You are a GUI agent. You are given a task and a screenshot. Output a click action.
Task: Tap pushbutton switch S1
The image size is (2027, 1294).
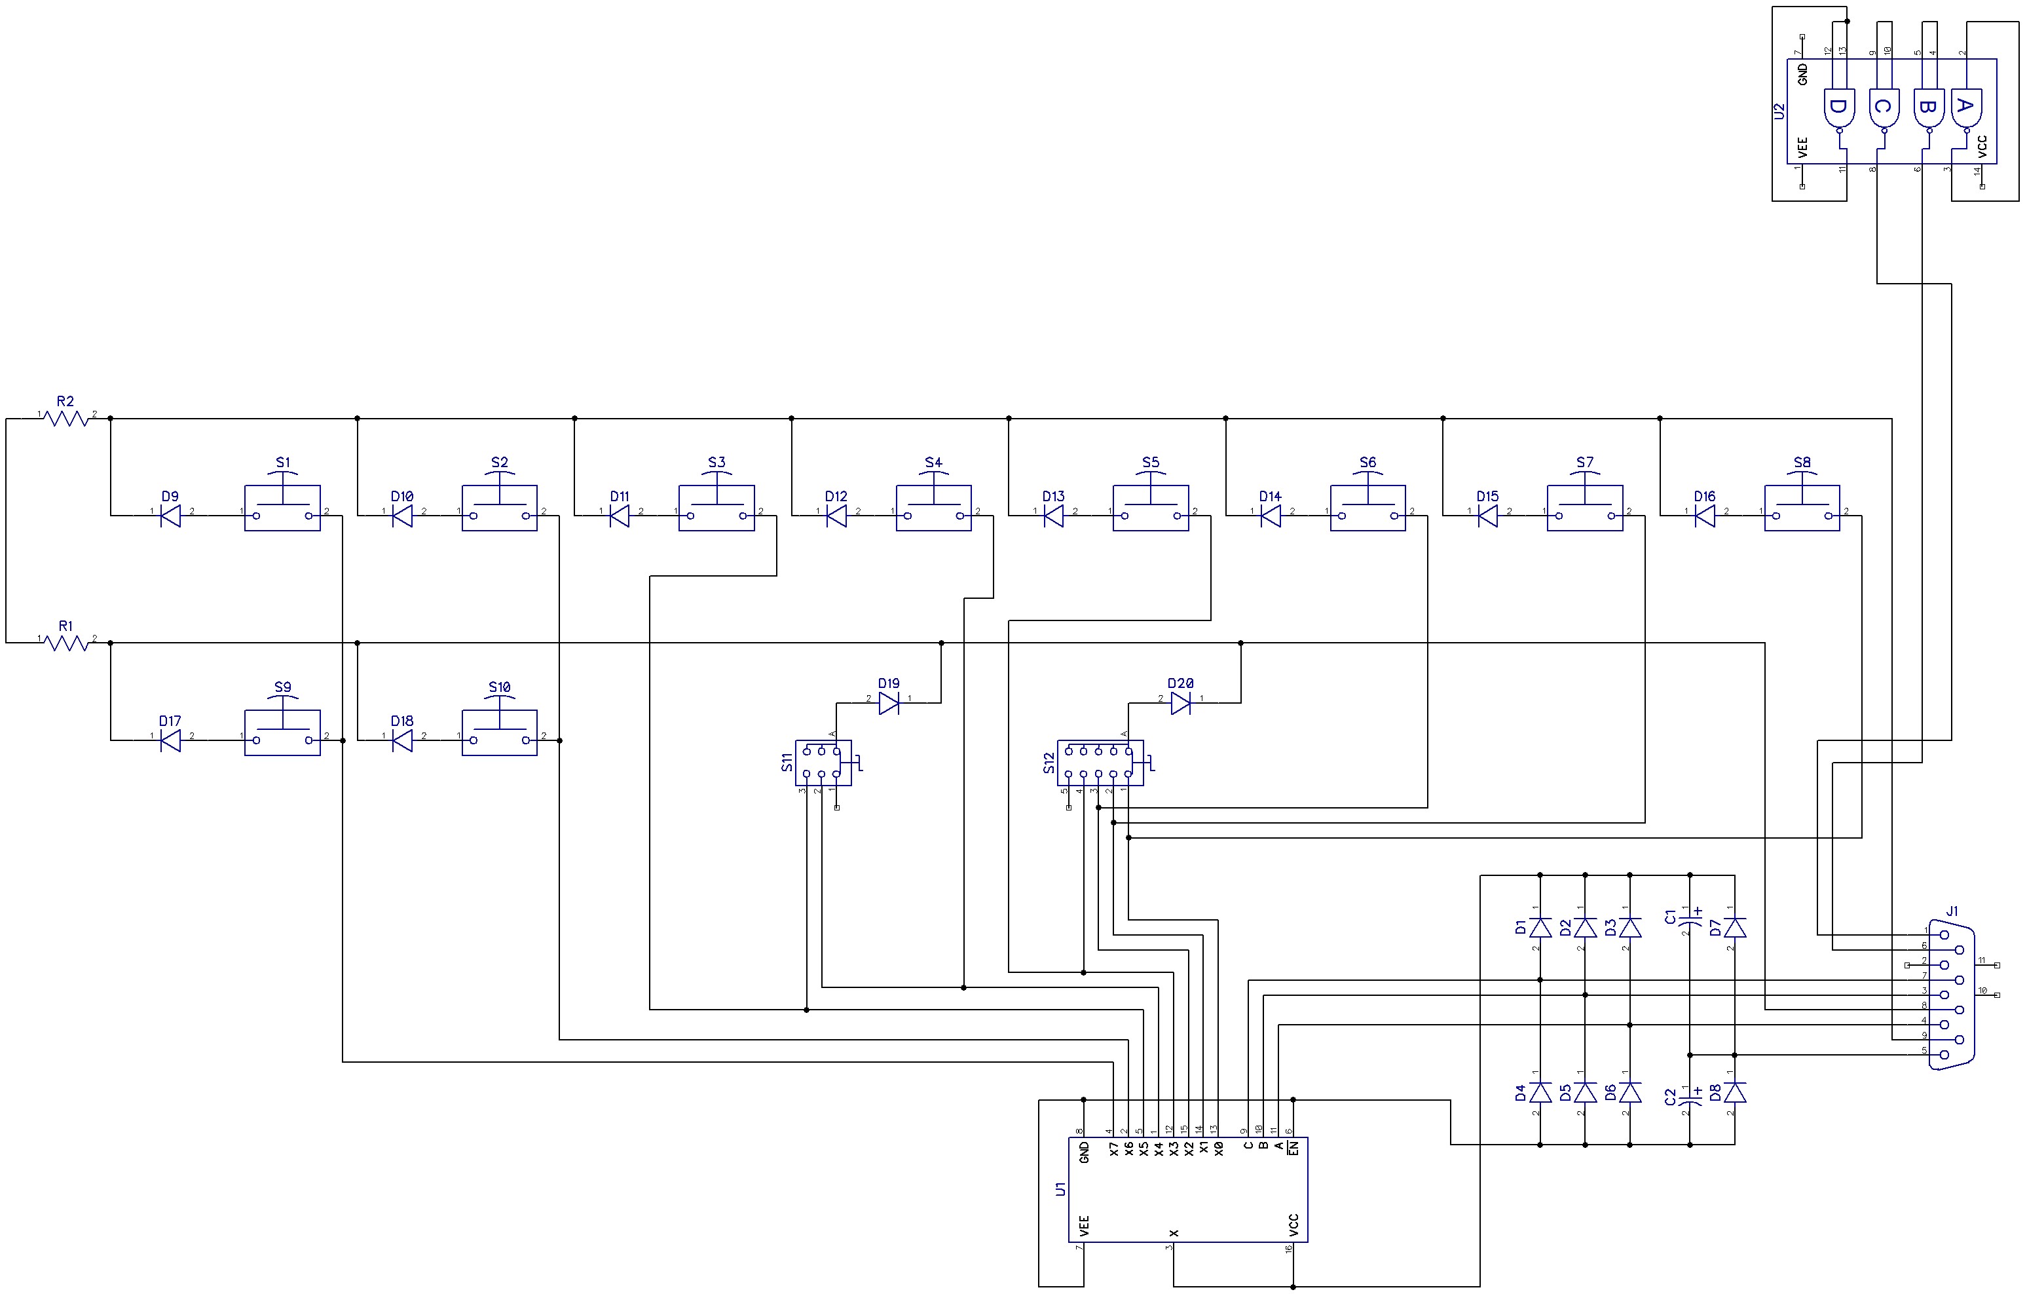pyautogui.click(x=282, y=508)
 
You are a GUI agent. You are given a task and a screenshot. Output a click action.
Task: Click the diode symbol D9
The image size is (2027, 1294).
pyautogui.click(x=171, y=515)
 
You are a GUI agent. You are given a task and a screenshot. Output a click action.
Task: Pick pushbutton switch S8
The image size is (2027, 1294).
pyautogui.click(x=1802, y=508)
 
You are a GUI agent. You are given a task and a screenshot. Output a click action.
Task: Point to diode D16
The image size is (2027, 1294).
pyautogui.click(x=1705, y=515)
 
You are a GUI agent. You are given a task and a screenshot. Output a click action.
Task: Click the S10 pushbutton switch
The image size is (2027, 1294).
pyautogui.click(x=499, y=733)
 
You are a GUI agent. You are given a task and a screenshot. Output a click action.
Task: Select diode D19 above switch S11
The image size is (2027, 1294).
pyautogui.click(x=889, y=702)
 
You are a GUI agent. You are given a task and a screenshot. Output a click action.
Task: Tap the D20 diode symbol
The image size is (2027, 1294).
pyautogui.click(x=1181, y=702)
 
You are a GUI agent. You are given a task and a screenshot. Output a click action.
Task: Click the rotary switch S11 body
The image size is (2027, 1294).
pyautogui.click(x=823, y=763)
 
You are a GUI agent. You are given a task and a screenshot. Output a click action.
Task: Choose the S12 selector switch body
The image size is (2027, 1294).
pyautogui.click(x=1100, y=763)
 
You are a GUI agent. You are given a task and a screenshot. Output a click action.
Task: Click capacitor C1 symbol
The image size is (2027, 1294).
pyautogui.click(x=1690, y=926)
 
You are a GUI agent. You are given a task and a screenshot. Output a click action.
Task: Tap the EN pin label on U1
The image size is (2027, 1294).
pyautogui.click(x=1294, y=1147)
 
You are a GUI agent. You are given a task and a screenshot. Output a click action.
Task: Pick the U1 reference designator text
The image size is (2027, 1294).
pyautogui.click(x=1060, y=1189)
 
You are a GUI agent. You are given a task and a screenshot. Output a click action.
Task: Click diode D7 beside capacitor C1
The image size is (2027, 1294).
pyautogui.click(x=1735, y=928)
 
